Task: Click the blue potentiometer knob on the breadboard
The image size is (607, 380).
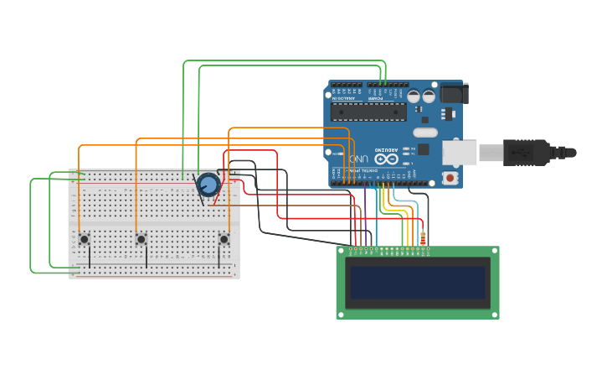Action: [x=208, y=184]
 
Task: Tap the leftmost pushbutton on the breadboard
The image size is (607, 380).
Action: [x=85, y=239]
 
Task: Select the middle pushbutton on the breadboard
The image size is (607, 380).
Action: [x=141, y=239]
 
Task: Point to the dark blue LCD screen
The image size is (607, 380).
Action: [x=418, y=283]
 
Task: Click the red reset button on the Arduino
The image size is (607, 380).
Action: [x=450, y=178]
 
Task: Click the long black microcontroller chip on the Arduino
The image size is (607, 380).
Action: [x=368, y=112]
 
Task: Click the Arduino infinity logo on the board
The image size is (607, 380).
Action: [x=387, y=158]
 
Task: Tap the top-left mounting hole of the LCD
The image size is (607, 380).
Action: [x=341, y=250]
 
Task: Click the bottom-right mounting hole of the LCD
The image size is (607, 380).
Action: [x=494, y=315]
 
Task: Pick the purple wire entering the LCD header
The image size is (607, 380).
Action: [x=365, y=226]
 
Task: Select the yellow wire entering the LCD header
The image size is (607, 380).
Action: [x=402, y=226]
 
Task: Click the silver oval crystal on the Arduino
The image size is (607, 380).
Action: [x=425, y=132]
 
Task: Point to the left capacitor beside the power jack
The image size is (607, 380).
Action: [x=414, y=96]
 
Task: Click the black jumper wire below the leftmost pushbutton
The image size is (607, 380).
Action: [x=90, y=257]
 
